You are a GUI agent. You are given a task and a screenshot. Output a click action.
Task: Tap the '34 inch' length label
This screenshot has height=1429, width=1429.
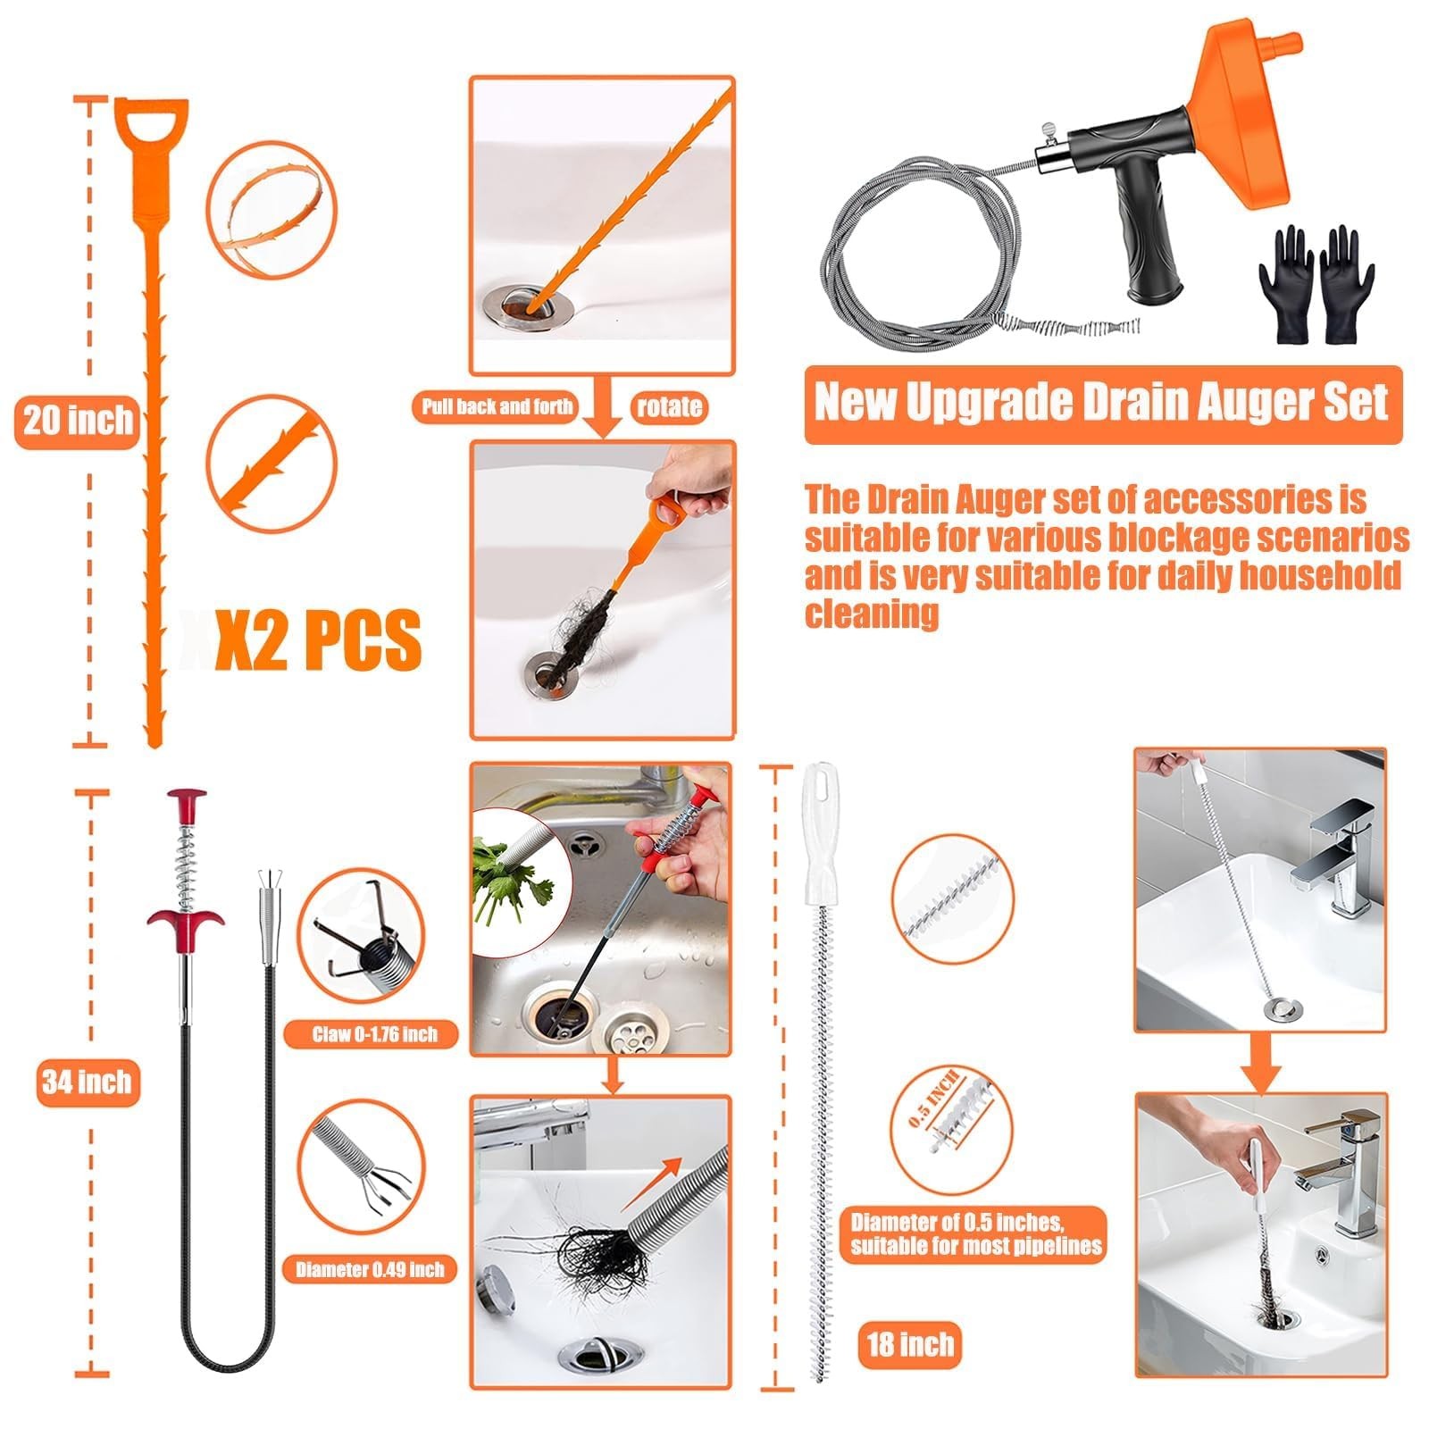(88, 1082)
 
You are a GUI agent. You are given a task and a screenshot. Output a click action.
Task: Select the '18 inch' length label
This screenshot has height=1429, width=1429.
(910, 1344)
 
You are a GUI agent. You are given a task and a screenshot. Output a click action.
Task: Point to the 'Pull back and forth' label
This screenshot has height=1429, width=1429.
(497, 407)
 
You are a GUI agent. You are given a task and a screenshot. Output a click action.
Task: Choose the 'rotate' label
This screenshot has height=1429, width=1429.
(669, 407)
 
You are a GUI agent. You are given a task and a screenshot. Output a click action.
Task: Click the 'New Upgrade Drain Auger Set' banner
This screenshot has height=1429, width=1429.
(1103, 404)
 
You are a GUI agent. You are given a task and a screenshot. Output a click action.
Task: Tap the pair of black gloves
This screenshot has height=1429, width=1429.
(1316, 285)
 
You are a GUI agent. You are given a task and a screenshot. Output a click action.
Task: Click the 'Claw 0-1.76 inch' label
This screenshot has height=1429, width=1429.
(374, 1034)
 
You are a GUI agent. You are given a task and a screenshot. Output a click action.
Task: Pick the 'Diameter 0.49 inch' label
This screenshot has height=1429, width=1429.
(370, 1269)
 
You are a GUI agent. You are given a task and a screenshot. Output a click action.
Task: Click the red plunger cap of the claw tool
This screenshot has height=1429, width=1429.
(187, 798)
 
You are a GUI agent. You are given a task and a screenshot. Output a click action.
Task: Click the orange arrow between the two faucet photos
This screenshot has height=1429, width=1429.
(1261, 1064)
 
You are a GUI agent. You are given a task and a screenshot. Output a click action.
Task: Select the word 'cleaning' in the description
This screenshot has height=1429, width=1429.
(872, 614)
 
